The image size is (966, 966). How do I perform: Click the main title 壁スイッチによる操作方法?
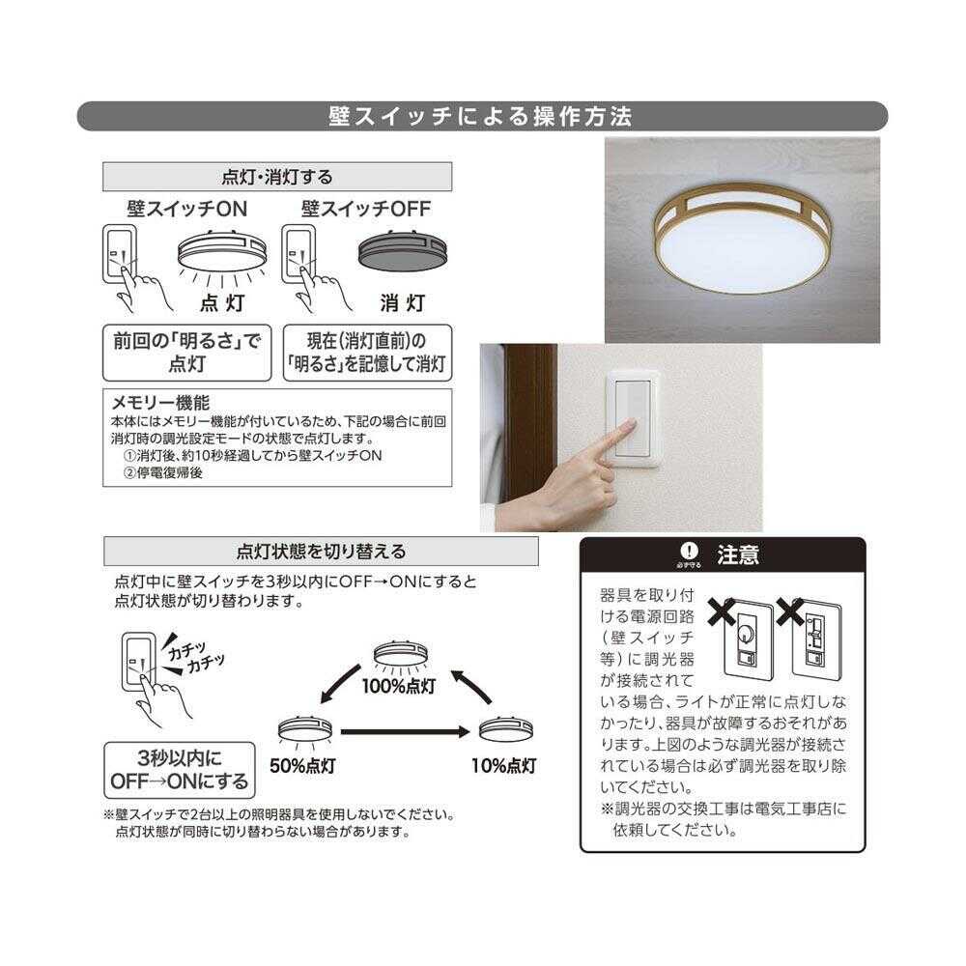tap(480, 117)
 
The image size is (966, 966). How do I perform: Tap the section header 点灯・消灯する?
tap(277, 177)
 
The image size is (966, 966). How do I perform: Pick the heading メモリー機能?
tap(161, 402)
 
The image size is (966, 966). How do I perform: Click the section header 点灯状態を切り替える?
tap(322, 552)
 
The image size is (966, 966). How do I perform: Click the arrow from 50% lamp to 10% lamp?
tap(406, 731)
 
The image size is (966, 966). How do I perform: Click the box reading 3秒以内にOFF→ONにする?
tap(180, 770)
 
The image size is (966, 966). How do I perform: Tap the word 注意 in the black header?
tap(738, 554)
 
